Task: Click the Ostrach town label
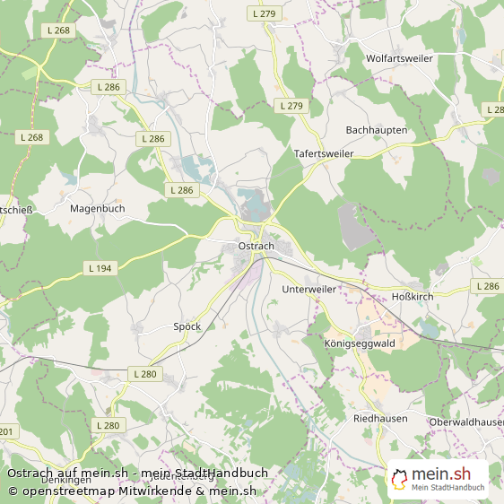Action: click(x=256, y=246)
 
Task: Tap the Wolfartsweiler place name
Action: click(x=399, y=58)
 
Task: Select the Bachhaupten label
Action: click(x=376, y=130)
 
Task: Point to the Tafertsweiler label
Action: click(x=324, y=154)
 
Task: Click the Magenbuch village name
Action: click(x=97, y=208)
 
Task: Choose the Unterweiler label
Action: click(x=308, y=290)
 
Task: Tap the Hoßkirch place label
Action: click(x=413, y=296)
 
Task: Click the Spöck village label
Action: click(x=187, y=327)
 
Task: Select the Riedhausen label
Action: click(x=380, y=419)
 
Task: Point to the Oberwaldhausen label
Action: click(x=465, y=422)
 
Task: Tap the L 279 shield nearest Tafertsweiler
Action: click(x=291, y=106)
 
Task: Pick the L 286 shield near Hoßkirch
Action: click(x=488, y=286)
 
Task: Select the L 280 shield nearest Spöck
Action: click(x=143, y=373)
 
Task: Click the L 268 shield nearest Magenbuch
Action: click(x=30, y=137)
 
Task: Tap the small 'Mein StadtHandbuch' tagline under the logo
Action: click(x=448, y=488)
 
